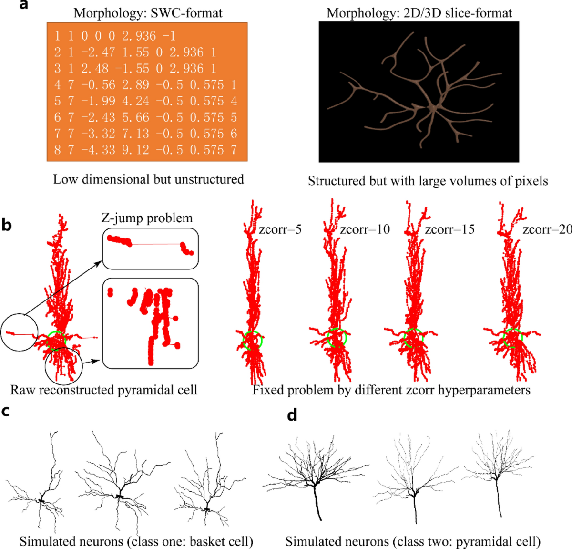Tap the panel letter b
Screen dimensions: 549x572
tap(7, 224)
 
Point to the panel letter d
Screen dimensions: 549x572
tap(292, 415)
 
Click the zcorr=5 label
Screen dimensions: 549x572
tap(280, 229)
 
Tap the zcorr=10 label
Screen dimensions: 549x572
tap(365, 229)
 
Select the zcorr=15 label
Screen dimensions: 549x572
tap(449, 229)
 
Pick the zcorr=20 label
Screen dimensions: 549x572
tap(547, 229)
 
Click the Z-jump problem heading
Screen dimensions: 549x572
tap(147, 218)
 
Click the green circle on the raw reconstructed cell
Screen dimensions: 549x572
tap(56, 340)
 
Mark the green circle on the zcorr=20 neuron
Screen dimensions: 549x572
tap(513, 338)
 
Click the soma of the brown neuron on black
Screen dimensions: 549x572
tap(433, 108)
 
